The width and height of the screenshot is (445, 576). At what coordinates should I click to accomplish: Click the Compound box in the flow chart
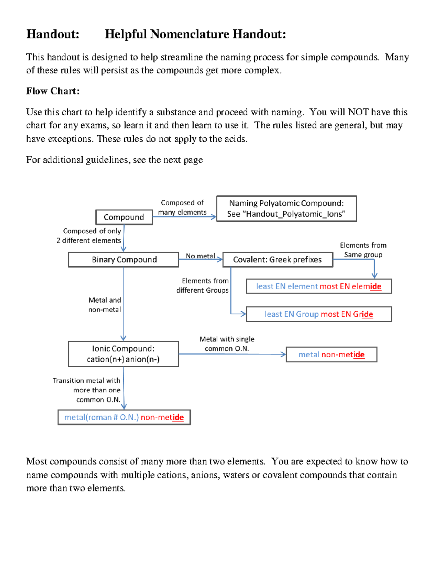click(x=124, y=217)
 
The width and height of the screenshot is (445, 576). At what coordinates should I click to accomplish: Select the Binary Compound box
click(x=124, y=260)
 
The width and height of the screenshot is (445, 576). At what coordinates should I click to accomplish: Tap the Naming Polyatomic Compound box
click(x=286, y=209)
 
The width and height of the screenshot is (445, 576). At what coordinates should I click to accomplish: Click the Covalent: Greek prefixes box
click(x=277, y=260)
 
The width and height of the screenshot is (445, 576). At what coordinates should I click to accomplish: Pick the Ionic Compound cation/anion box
click(x=123, y=354)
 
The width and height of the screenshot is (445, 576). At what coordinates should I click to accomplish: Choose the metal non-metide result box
click(x=331, y=355)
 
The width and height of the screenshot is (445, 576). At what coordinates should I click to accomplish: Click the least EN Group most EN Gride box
click(x=319, y=314)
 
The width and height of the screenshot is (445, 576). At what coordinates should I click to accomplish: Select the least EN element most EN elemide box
click(x=319, y=286)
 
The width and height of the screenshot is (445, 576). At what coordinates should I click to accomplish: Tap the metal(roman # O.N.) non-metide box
click(x=124, y=417)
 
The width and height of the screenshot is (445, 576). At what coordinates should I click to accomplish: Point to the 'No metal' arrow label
click(x=200, y=256)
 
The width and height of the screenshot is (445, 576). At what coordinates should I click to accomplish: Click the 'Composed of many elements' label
click(x=182, y=207)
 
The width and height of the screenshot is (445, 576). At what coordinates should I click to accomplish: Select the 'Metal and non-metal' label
click(x=105, y=305)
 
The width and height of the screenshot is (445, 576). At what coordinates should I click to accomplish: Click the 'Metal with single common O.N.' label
click(x=227, y=344)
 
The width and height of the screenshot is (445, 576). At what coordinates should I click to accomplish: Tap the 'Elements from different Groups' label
click(x=202, y=286)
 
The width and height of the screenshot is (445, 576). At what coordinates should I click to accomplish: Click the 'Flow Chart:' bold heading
click(x=53, y=91)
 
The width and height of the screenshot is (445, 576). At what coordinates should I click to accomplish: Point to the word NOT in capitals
click(x=358, y=112)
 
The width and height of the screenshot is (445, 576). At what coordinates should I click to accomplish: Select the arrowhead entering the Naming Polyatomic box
click(x=214, y=217)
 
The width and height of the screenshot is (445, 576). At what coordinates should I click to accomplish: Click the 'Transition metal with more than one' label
click(x=87, y=385)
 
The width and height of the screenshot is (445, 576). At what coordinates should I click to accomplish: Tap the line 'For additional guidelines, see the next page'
click(x=114, y=160)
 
